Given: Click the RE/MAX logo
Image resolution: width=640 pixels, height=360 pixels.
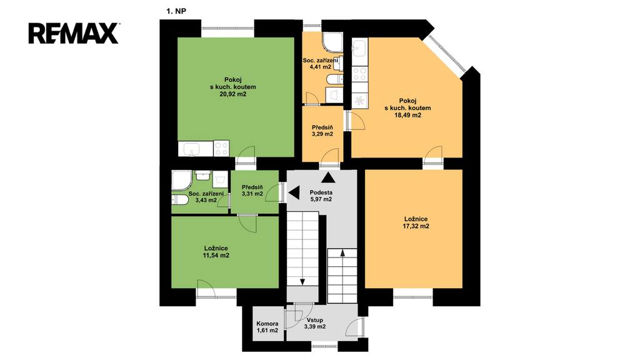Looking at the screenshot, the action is (x=74, y=34).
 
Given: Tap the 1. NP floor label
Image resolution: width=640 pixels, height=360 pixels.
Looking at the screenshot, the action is (x=176, y=11).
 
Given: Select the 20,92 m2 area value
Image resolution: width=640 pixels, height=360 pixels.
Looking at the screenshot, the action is (x=233, y=94).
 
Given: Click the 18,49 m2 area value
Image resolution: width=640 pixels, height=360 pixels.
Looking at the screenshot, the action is (x=407, y=116).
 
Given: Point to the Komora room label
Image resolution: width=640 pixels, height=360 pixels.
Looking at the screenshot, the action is (x=267, y=324).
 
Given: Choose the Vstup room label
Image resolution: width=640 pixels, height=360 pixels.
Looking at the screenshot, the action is (x=315, y=320).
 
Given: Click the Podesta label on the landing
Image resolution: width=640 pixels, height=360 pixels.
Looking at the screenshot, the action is (x=321, y=192).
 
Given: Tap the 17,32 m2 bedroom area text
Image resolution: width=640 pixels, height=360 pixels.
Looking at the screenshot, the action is (x=416, y=226).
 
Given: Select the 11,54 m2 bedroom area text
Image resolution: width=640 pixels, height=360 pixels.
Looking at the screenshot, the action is (x=216, y=256).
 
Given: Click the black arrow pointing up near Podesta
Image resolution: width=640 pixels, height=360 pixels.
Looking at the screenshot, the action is (x=329, y=177).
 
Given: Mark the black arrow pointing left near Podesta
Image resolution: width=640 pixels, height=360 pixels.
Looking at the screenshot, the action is (x=294, y=192).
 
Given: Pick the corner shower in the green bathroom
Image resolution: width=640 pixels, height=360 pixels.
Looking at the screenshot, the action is (x=181, y=181).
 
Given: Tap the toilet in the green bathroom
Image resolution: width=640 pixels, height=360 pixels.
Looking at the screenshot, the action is (x=179, y=200).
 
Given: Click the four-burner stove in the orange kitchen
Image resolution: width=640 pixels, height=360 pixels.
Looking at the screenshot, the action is (x=360, y=74).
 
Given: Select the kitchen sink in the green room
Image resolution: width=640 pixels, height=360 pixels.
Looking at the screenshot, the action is (x=191, y=149).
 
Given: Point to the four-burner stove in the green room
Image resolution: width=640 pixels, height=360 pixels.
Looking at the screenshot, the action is (x=221, y=149).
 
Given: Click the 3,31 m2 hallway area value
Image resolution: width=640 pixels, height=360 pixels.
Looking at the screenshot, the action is (x=252, y=194).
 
